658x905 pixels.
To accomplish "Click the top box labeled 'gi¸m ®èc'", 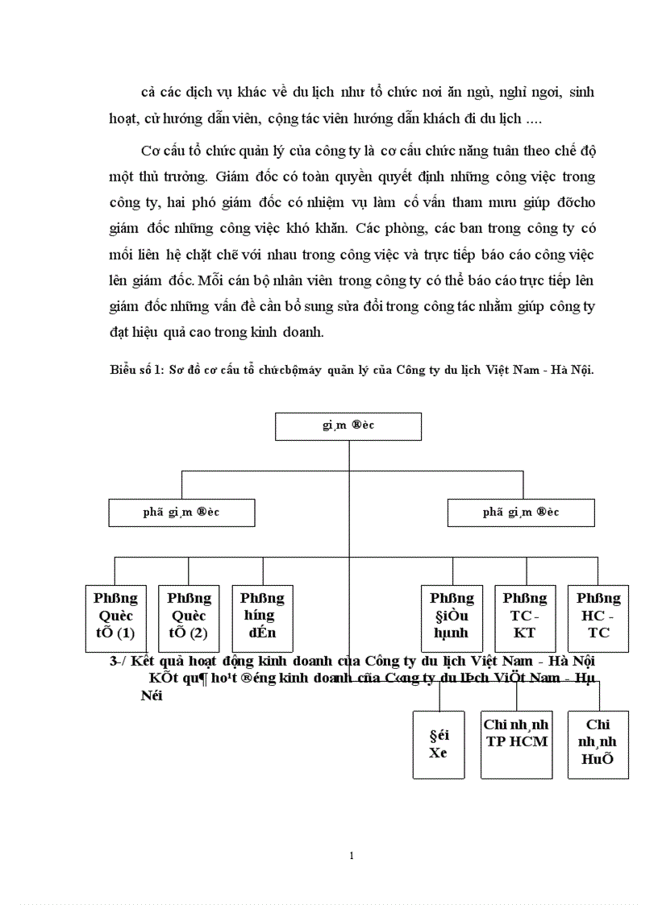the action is (x=348, y=426).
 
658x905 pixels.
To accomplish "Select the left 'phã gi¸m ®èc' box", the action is (x=182, y=513).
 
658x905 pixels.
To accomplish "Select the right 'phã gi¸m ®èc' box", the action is (x=521, y=513).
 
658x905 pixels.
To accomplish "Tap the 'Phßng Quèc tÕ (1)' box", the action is (x=116, y=617).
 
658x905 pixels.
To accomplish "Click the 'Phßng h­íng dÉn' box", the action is (x=262, y=617).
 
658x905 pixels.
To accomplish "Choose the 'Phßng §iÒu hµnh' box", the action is (x=452, y=617).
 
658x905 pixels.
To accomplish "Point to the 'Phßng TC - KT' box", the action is (x=525, y=617).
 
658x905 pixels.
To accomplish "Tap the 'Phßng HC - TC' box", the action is (x=598, y=617).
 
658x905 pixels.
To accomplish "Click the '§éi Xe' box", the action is (x=438, y=745).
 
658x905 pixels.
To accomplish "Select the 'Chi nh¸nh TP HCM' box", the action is (x=517, y=745).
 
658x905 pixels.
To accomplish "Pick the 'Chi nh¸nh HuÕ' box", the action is (x=598, y=745).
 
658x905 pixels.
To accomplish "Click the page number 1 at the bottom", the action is (x=352, y=856).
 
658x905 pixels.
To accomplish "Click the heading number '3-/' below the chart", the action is (x=119, y=661).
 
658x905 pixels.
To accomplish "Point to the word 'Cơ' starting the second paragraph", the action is (x=151, y=152).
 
